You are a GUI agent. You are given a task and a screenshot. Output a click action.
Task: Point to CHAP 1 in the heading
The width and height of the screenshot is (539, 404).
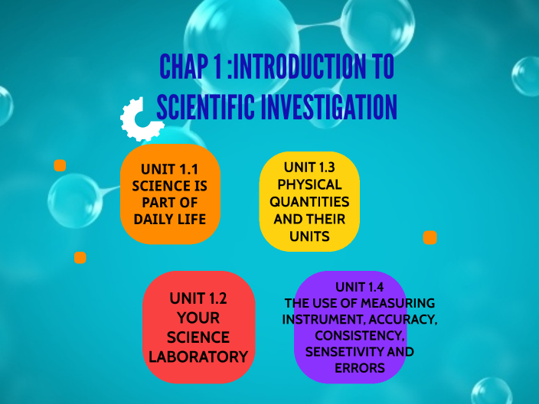point(191,67)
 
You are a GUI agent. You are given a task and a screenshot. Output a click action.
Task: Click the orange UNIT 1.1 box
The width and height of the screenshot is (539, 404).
point(170,194)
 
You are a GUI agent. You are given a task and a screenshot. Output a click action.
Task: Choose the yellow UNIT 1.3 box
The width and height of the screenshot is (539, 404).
point(309,201)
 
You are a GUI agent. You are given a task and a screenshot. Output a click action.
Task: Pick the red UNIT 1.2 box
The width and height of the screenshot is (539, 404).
point(198,327)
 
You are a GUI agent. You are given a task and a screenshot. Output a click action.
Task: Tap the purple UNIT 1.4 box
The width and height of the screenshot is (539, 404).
point(351,327)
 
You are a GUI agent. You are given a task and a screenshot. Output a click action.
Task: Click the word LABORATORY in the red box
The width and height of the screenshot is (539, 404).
point(198,357)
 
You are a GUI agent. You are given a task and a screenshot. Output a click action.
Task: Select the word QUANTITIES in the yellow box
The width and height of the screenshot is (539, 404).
point(309,202)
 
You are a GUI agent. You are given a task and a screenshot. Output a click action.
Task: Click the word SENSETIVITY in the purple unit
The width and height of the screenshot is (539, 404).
point(341,352)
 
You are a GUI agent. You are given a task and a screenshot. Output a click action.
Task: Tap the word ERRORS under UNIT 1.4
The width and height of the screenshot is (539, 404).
point(359,369)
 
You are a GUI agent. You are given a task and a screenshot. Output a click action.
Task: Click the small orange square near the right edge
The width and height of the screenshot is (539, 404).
point(430,237)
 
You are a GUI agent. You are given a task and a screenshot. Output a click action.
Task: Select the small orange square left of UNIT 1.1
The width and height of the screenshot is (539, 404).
point(60,165)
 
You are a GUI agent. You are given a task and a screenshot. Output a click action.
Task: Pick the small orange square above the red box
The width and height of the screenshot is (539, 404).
point(80,258)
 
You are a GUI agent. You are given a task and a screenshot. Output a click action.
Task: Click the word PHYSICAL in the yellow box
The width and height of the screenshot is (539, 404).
point(309,184)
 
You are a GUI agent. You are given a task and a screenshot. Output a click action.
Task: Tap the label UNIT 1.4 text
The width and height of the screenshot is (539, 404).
point(359,287)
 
